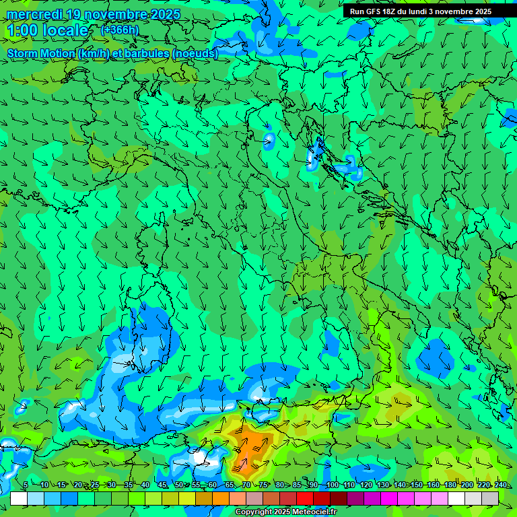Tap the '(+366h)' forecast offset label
click(119, 30)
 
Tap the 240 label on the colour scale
click(501, 485)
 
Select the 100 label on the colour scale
click(332, 485)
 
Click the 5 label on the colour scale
click(26, 485)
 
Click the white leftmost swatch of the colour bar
click(19, 498)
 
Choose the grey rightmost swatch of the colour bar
click(490, 498)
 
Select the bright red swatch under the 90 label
click(305, 498)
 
